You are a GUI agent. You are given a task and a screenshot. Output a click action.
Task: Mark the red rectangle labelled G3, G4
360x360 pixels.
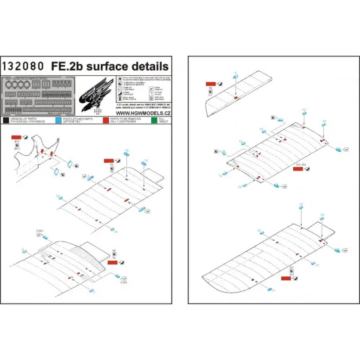pos(298,170)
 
